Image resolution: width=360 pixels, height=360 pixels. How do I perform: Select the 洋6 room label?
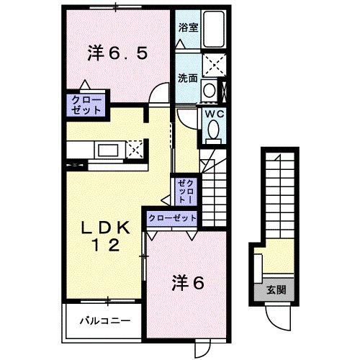(x=189, y=283)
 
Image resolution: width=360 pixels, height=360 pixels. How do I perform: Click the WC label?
(x=214, y=113)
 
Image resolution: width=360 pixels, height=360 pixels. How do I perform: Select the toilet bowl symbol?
(x=214, y=130)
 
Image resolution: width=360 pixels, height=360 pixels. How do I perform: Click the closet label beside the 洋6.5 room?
(x=86, y=104)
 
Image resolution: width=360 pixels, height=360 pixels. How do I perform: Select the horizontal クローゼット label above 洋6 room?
(x=172, y=217)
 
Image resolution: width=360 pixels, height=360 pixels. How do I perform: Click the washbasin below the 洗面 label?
(x=209, y=91)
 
